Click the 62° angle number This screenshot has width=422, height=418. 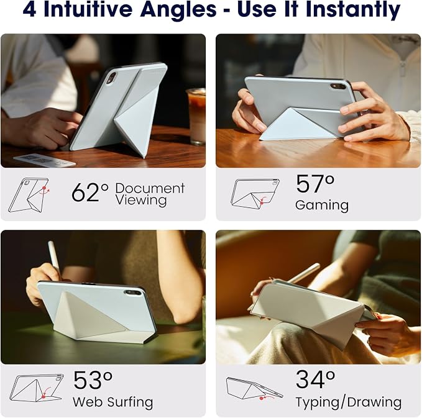[x=90, y=193]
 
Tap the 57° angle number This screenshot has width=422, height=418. [x=315, y=184]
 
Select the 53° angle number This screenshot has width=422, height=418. [x=93, y=380]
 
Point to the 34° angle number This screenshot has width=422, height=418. [x=316, y=379]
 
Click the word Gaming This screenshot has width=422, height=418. [x=322, y=206]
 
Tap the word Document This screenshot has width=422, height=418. [x=150, y=188]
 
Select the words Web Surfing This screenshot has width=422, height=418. [x=112, y=402]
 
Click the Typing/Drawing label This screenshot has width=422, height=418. [x=349, y=402]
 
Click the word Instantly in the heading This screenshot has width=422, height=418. [x=353, y=10]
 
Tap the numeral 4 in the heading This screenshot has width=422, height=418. [x=29, y=10]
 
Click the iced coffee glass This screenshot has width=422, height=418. [x=196, y=116]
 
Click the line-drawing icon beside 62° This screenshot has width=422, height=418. [x=29, y=195]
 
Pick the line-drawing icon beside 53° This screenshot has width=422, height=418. [x=36, y=388]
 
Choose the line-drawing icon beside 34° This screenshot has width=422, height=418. [x=254, y=389]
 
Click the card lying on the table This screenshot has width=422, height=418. [x=44, y=160]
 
